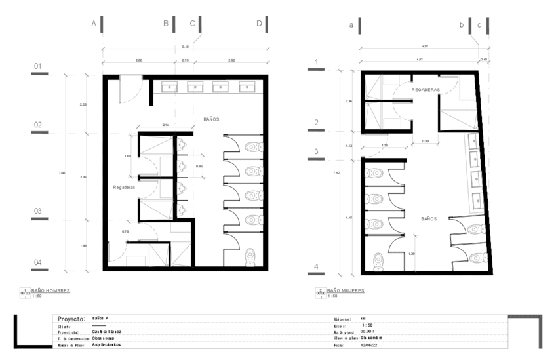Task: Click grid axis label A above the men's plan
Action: tap(94, 24)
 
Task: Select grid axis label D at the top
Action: tap(259, 24)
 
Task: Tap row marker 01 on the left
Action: tap(38, 66)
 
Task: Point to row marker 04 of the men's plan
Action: tap(38, 262)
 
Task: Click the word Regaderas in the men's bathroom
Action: tap(124, 187)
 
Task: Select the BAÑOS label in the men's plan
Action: tap(211, 119)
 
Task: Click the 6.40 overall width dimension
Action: tap(185, 47)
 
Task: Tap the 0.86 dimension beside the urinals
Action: tap(199, 167)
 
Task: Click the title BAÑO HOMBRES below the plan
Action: tap(50, 290)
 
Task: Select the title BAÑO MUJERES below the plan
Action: tap(345, 290)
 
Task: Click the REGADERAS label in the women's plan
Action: tap(425, 89)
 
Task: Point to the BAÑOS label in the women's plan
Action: tap(429, 219)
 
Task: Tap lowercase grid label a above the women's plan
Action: tap(351, 24)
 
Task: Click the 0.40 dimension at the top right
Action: tap(484, 60)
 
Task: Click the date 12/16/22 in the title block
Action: tap(370, 344)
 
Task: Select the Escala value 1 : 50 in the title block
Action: tap(368, 325)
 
